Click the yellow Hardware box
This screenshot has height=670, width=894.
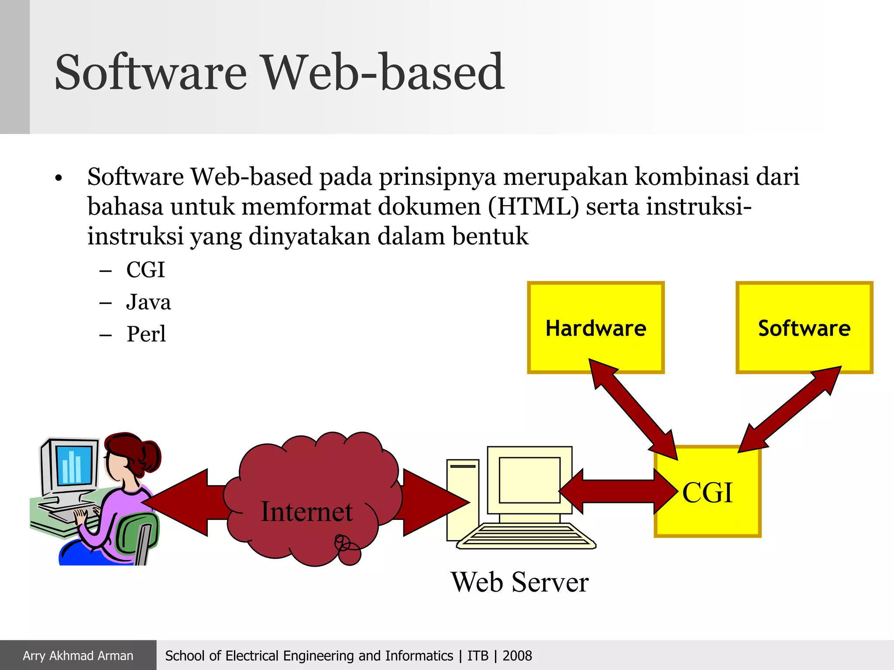click(x=595, y=327)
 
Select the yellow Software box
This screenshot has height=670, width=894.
click(x=804, y=327)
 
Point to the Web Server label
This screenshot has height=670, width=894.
click(x=519, y=582)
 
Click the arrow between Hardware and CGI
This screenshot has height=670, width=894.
click(x=633, y=410)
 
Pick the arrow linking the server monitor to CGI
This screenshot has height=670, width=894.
click(x=618, y=492)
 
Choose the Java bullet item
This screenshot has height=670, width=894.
click(x=148, y=302)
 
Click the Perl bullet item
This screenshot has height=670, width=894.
click(x=146, y=334)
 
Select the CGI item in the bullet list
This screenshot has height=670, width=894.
click(x=145, y=270)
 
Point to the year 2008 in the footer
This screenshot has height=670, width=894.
click(x=517, y=656)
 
